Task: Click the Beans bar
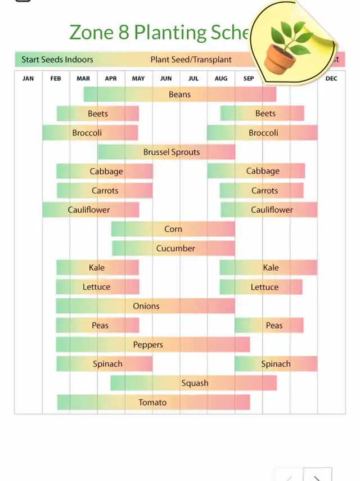180,95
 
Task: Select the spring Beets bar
97,114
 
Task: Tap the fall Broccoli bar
263,133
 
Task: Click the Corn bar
173,229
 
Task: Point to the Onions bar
145,306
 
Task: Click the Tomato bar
153,402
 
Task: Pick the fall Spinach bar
276,364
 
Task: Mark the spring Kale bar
97,268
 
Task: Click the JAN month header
28,79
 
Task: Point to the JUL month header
193,79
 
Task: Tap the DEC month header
331,79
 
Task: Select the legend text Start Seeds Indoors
57,60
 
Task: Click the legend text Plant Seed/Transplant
191,60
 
